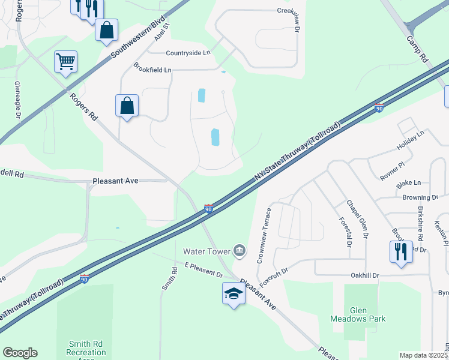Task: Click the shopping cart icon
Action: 65,61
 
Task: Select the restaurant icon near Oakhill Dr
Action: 401,251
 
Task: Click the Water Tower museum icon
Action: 240,250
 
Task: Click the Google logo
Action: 20,353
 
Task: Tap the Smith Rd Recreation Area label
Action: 86,348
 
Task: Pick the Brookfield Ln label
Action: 152,70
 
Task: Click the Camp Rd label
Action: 416,49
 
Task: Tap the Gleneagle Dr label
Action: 18,99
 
